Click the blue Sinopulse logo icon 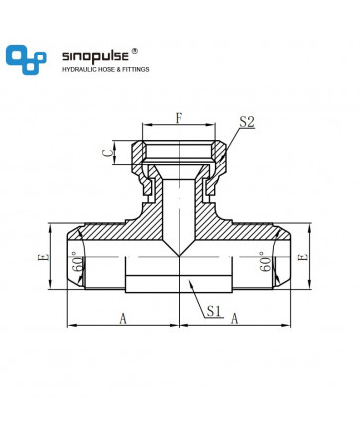tap(26, 59)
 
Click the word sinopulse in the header tap(95, 56)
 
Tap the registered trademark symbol tap(135, 51)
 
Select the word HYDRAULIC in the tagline tap(78, 69)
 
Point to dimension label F tap(179, 118)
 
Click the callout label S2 tap(247, 122)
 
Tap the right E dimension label tap(303, 257)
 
